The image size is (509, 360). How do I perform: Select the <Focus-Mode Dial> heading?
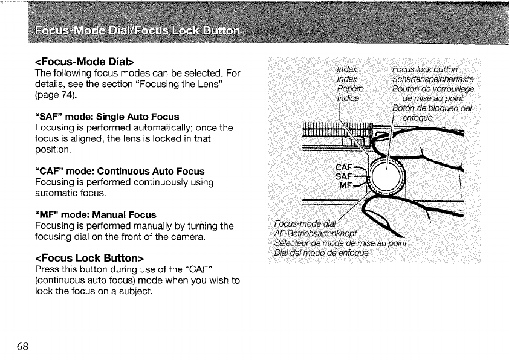point(85,62)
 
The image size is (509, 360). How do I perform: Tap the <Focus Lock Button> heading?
point(90,259)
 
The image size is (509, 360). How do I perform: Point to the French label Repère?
point(348,88)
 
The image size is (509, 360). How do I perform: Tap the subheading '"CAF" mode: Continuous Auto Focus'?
point(120,171)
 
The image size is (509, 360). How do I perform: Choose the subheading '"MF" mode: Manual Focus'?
point(96,214)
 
